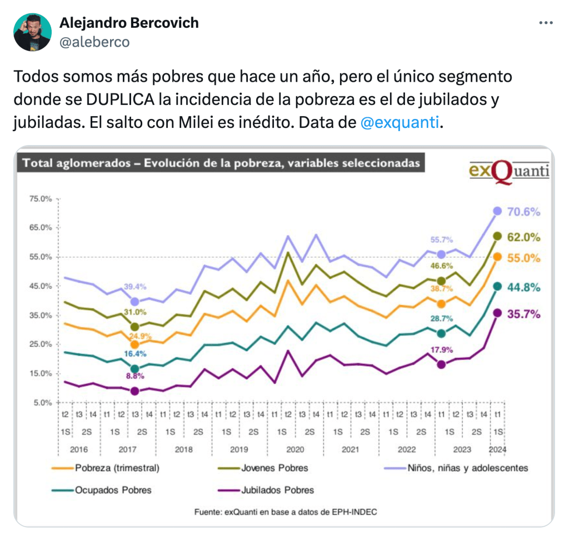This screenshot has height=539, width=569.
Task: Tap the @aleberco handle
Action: pos(94,42)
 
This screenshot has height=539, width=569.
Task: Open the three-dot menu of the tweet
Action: pos(546,23)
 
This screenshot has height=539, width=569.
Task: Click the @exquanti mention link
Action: pos(400,122)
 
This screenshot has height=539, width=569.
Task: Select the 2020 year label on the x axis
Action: pos(296,449)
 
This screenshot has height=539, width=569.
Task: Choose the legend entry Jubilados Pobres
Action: pos(278,490)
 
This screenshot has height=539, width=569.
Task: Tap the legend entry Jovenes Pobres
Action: pos(274,468)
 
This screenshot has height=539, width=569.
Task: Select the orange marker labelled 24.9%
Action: pos(134,345)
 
